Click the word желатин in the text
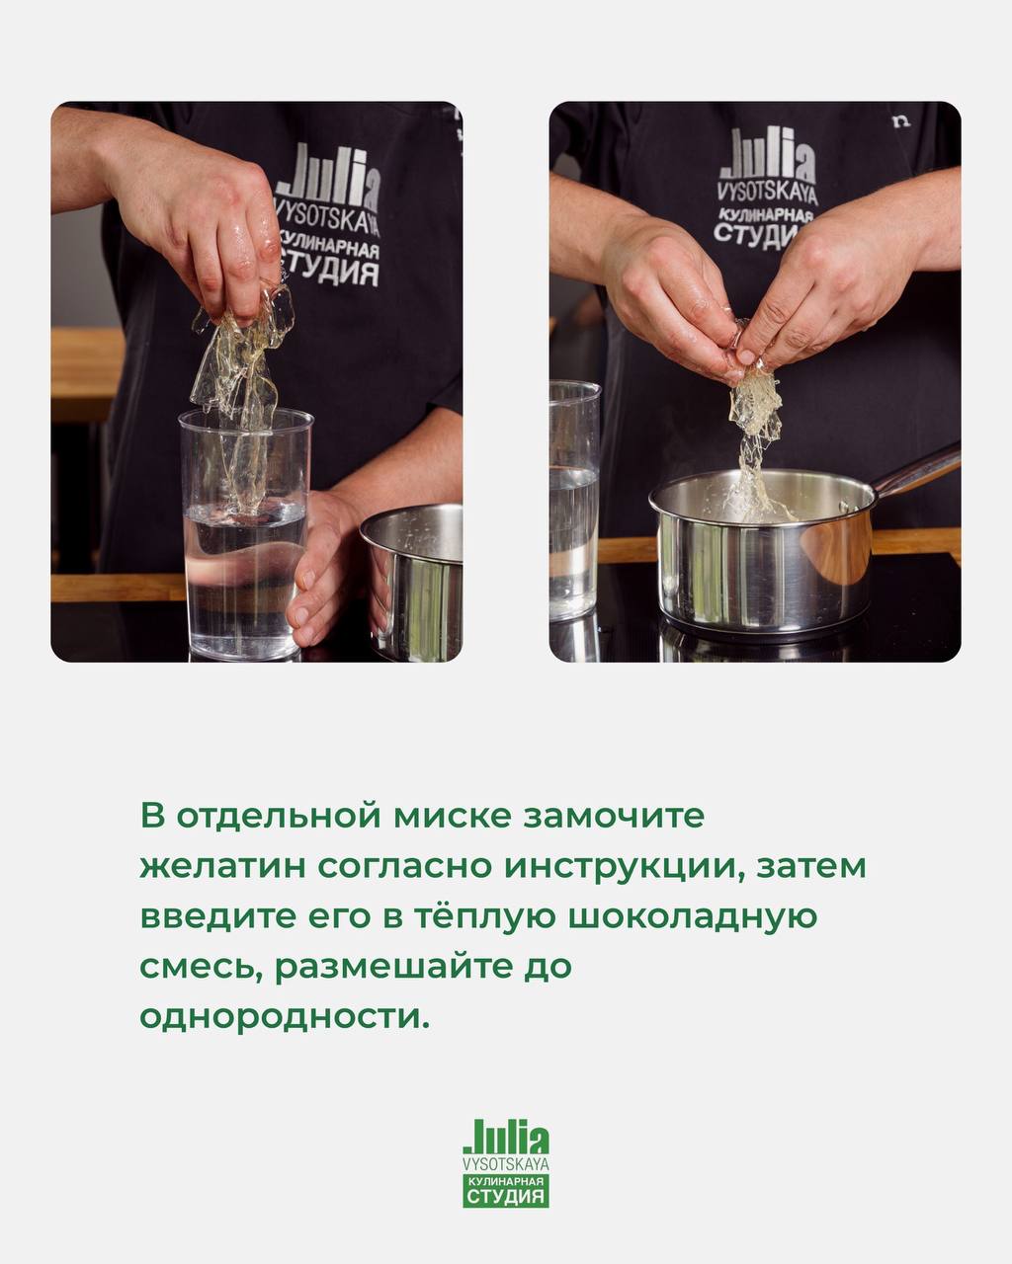pos(223,867)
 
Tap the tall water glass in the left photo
pos(245,534)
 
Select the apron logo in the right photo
pos(767,191)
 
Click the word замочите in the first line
pos(614,817)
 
